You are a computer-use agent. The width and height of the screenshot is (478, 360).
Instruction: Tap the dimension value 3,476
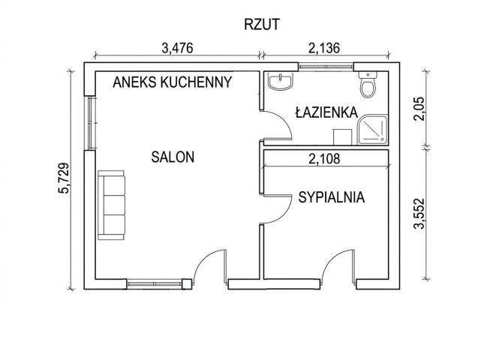pyautogui.click(x=178, y=49)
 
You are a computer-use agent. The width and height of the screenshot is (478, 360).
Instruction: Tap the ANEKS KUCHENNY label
pyautogui.click(x=172, y=82)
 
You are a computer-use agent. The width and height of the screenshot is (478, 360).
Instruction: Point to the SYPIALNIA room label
pyautogui.click(x=331, y=198)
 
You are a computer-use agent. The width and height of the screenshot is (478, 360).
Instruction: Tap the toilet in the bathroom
pyautogui.click(x=368, y=86)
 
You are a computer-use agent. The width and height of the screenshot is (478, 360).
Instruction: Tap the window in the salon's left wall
pyautogui.click(x=89, y=123)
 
